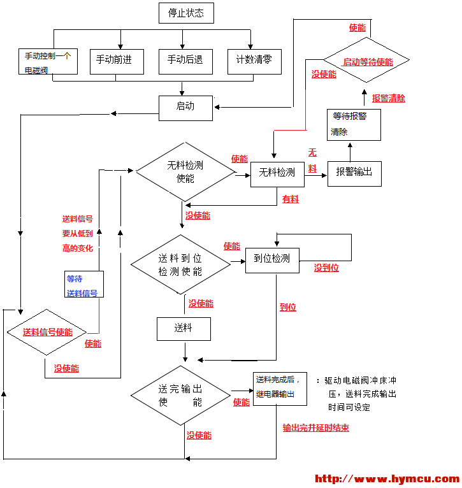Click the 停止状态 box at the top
185,13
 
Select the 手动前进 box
117,61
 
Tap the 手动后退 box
185,61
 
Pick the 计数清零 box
254,61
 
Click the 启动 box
185,107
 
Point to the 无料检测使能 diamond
185,171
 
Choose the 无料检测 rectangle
277,172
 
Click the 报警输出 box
354,172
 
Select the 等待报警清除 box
354,124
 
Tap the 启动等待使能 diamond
368,62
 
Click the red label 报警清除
389,99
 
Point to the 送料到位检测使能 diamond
180,264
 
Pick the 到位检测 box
272,259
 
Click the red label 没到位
326,268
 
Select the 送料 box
184,329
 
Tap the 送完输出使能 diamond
180,395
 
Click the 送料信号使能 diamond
47,332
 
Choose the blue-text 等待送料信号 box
83,285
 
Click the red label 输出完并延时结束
316,428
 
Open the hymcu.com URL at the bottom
387,479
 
